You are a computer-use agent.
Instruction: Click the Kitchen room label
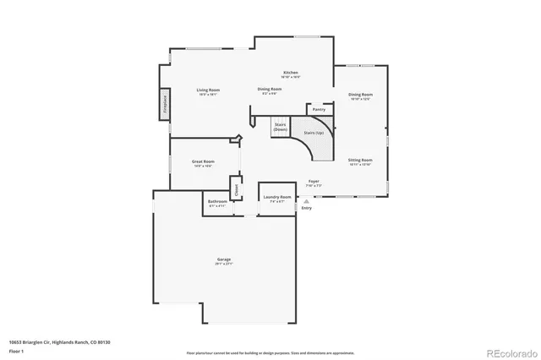coord(291,74)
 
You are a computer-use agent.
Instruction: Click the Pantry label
coord(319,110)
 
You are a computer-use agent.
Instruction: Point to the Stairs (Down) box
coord(280,127)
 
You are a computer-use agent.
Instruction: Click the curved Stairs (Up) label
coord(314,133)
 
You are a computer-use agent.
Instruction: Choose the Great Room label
coord(203,162)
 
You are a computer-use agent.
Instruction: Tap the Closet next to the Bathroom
coord(236,190)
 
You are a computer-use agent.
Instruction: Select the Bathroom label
coord(217,204)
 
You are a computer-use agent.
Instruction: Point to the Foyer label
coord(314,182)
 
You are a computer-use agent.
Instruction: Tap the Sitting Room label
coord(360,161)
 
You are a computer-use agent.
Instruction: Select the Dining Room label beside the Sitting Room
coord(360,95)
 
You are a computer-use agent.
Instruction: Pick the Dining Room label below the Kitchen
coord(270,90)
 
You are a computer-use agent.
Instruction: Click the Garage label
coord(224,260)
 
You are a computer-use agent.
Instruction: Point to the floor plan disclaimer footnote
coord(270,352)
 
